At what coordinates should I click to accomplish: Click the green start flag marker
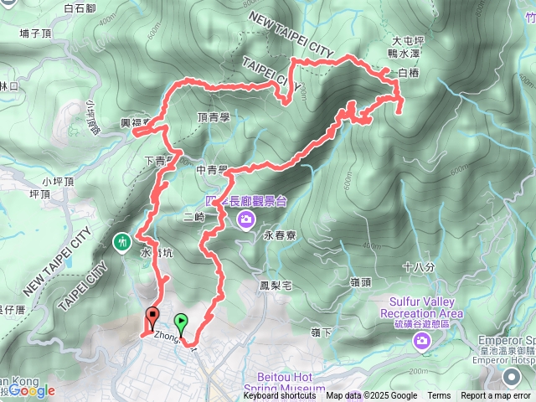click(182, 321)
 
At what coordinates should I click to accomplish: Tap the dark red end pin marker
click(152, 317)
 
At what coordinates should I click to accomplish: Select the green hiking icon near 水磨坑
click(122, 242)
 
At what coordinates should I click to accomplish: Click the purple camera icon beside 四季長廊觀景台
click(246, 220)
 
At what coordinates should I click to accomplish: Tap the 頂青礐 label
click(214, 118)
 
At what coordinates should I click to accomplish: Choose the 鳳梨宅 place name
click(274, 286)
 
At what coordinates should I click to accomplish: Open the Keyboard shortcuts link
click(280, 396)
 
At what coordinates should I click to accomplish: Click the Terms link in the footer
click(439, 396)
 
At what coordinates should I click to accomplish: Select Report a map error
click(497, 396)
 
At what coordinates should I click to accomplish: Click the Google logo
click(33, 390)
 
